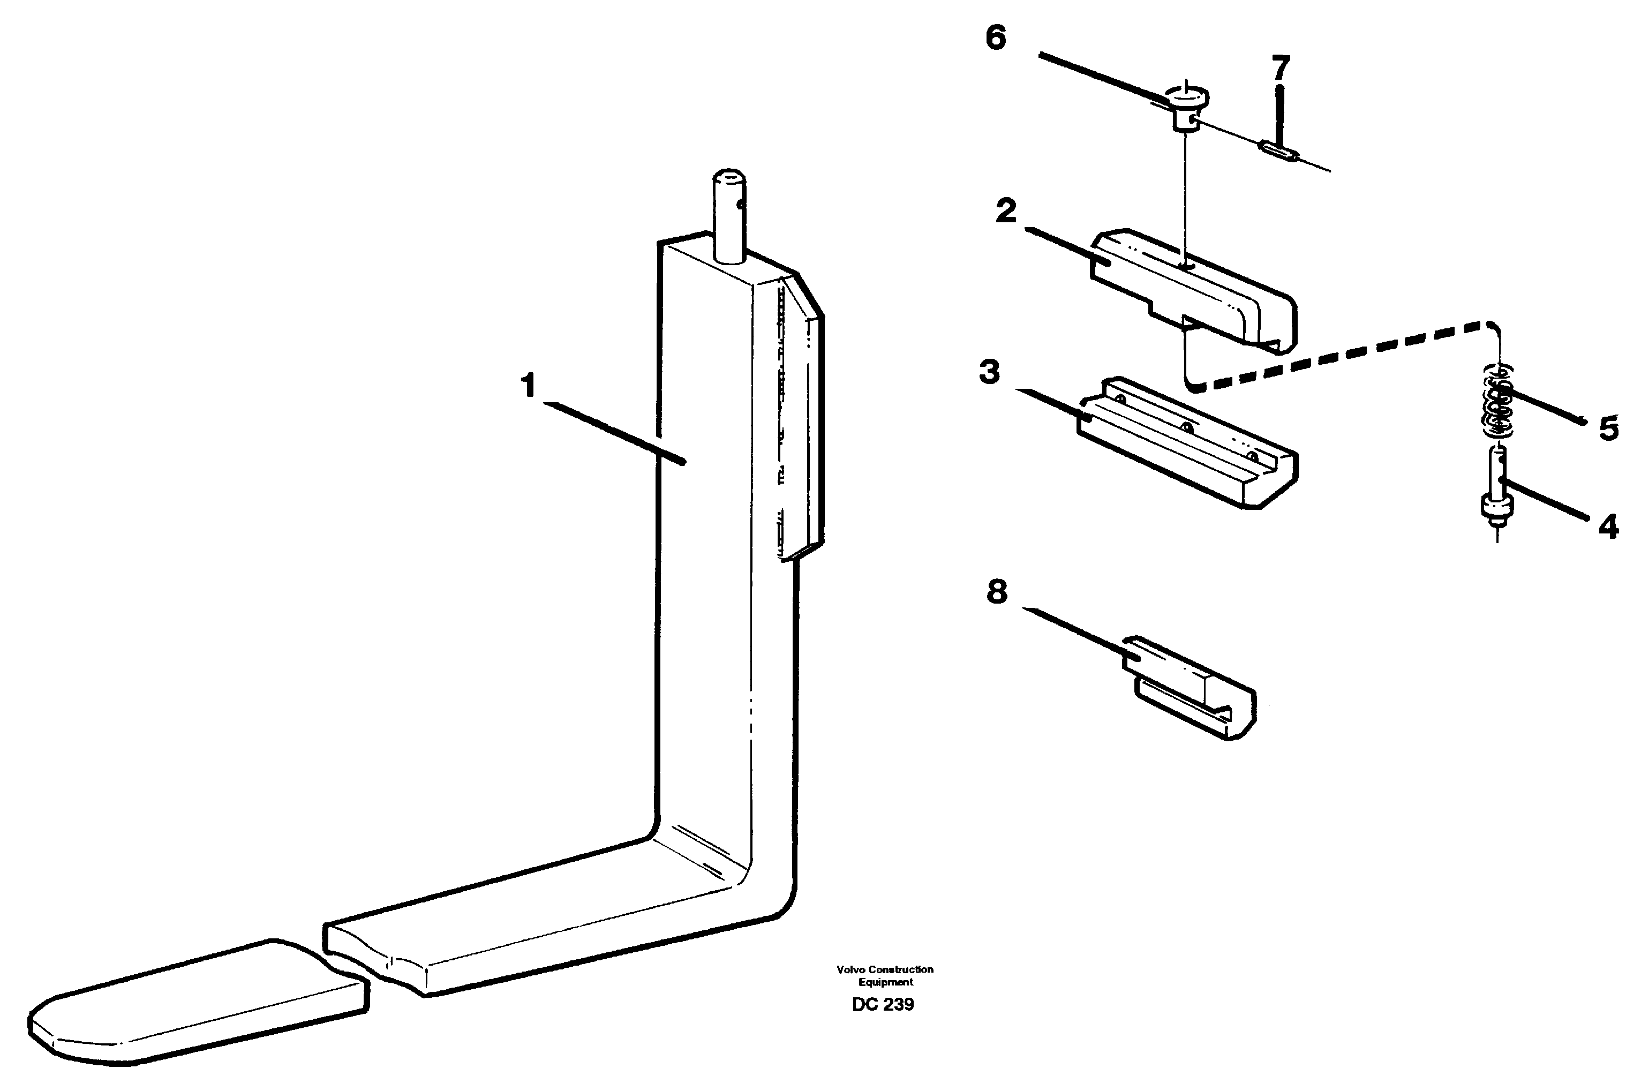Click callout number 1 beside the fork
pyautogui.click(x=529, y=385)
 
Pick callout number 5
pyautogui.click(x=1608, y=428)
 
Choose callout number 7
pyautogui.click(x=1280, y=68)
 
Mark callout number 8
pyautogui.click(x=997, y=592)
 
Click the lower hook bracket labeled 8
pyautogui.click(x=1190, y=689)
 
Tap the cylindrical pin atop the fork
pyautogui.click(x=729, y=216)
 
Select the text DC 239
pyautogui.click(x=883, y=1005)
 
